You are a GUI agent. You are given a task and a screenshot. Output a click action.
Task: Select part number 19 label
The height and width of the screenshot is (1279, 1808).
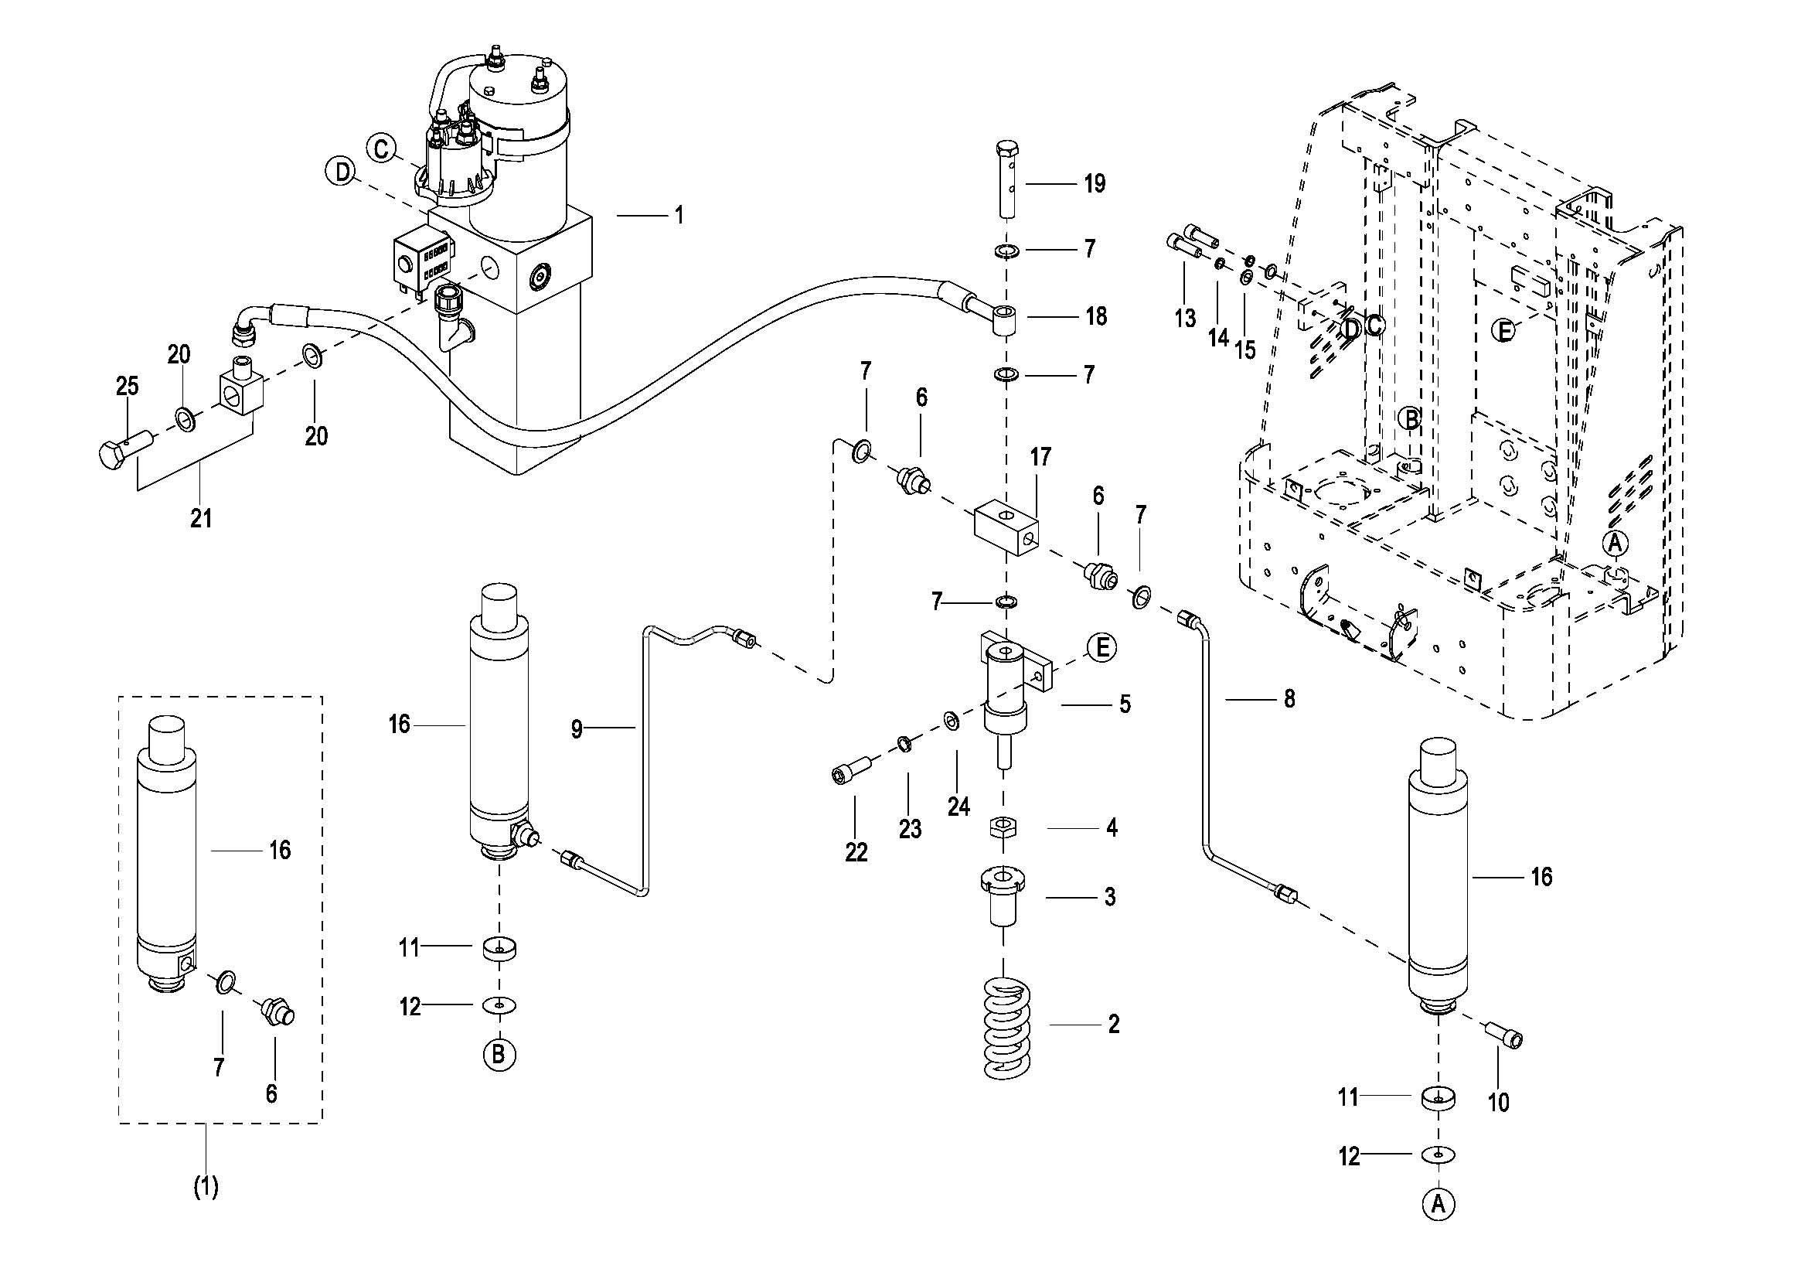[x=1095, y=183]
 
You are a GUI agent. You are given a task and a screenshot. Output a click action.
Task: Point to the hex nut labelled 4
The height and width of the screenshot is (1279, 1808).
[x=1000, y=827]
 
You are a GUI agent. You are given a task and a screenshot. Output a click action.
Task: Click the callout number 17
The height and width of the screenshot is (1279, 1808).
[x=1040, y=457]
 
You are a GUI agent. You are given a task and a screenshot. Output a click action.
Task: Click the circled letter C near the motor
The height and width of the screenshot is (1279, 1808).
[x=381, y=148]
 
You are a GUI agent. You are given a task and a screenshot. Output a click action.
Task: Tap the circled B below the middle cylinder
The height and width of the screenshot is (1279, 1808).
[x=499, y=1054]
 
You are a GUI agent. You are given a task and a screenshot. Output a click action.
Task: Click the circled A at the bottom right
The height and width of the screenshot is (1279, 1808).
[x=1439, y=1204]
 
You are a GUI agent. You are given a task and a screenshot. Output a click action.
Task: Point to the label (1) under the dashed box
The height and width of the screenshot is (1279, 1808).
[x=206, y=1187]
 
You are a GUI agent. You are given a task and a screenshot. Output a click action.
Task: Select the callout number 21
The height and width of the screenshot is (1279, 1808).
[x=201, y=518]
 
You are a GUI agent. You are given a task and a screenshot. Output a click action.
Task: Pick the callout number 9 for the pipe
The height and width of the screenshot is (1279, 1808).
[x=577, y=729]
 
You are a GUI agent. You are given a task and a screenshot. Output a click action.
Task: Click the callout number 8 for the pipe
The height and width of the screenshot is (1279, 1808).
[x=1289, y=698]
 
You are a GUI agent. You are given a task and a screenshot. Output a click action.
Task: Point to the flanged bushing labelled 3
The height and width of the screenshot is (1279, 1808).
[x=1002, y=896]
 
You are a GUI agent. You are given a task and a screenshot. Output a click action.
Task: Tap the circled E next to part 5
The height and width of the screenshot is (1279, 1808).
[x=1101, y=647]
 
